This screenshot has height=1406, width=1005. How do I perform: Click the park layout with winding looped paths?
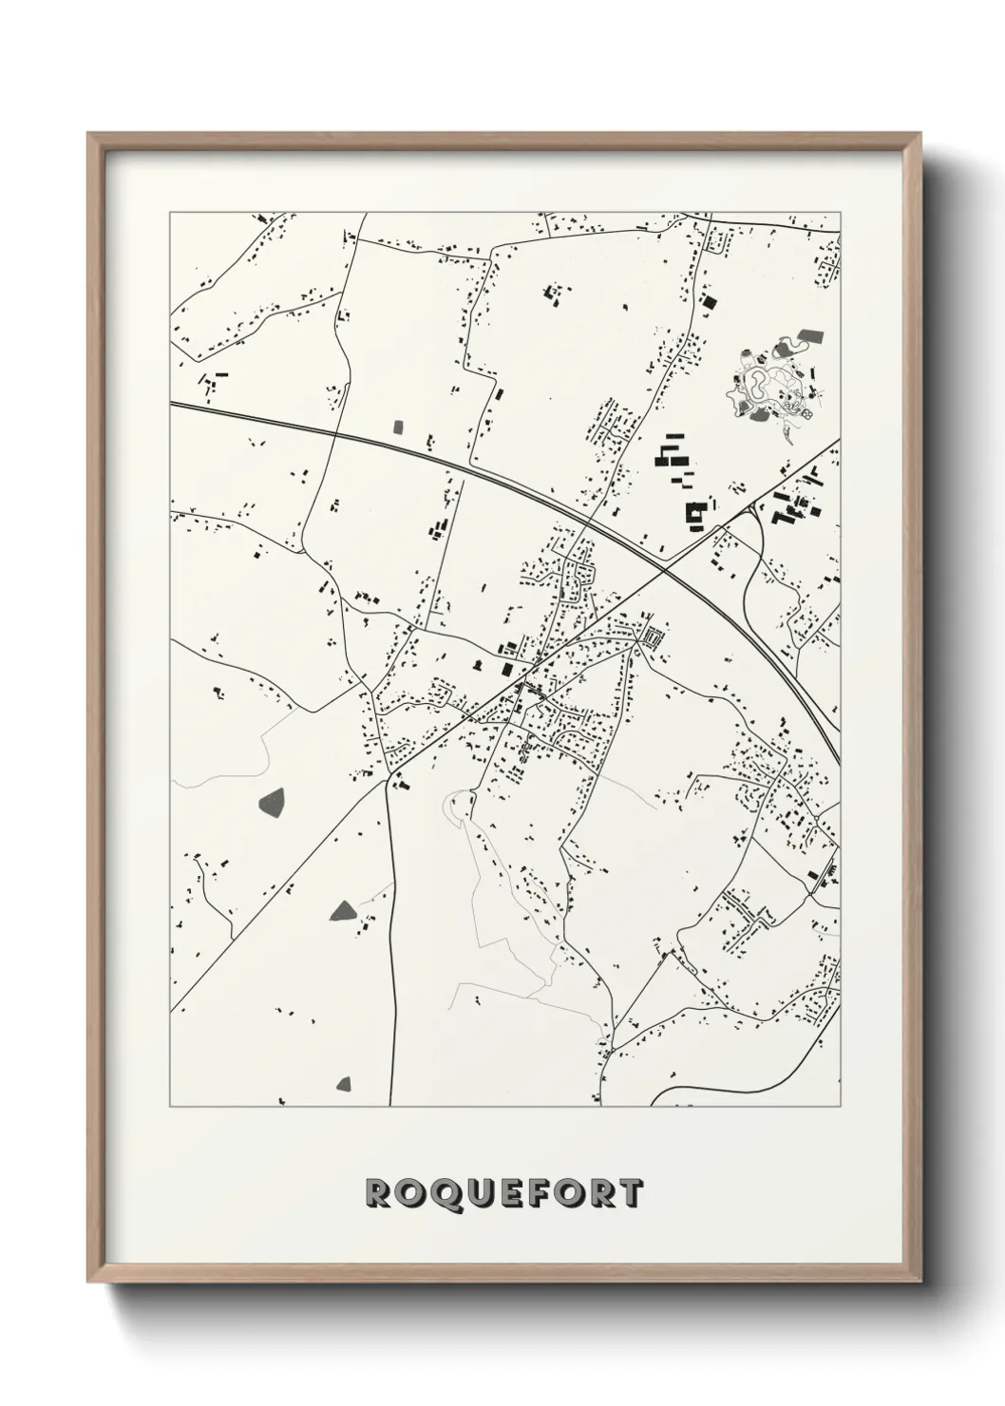click(x=771, y=389)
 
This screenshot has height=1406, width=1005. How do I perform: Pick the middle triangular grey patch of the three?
click(x=342, y=911)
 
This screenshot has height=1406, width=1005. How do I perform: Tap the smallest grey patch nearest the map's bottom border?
click(x=344, y=1083)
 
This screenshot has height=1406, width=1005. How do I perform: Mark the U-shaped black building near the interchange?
click(x=696, y=513)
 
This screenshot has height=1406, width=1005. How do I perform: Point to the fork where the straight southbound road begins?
click(x=389, y=778)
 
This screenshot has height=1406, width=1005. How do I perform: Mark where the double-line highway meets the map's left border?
click(x=172, y=405)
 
